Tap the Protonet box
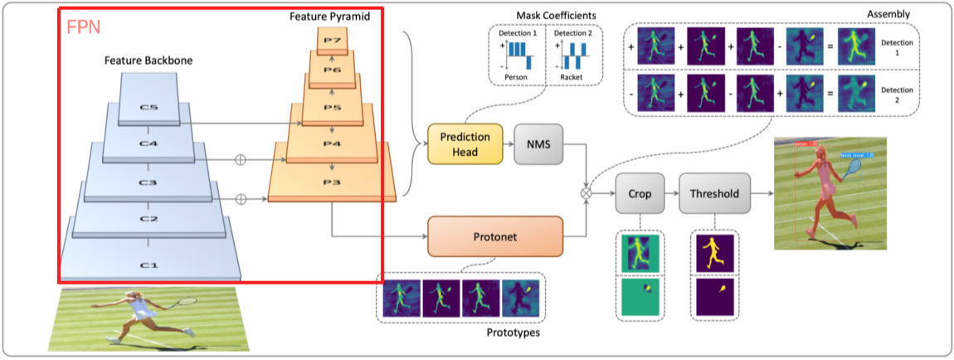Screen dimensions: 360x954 point(494,236)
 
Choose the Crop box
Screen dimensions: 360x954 point(640,195)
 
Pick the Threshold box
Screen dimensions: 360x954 point(714,195)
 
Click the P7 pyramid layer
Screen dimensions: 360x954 point(332,41)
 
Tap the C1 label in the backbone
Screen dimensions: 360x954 point(148,265)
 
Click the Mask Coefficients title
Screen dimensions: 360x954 point(545,15)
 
